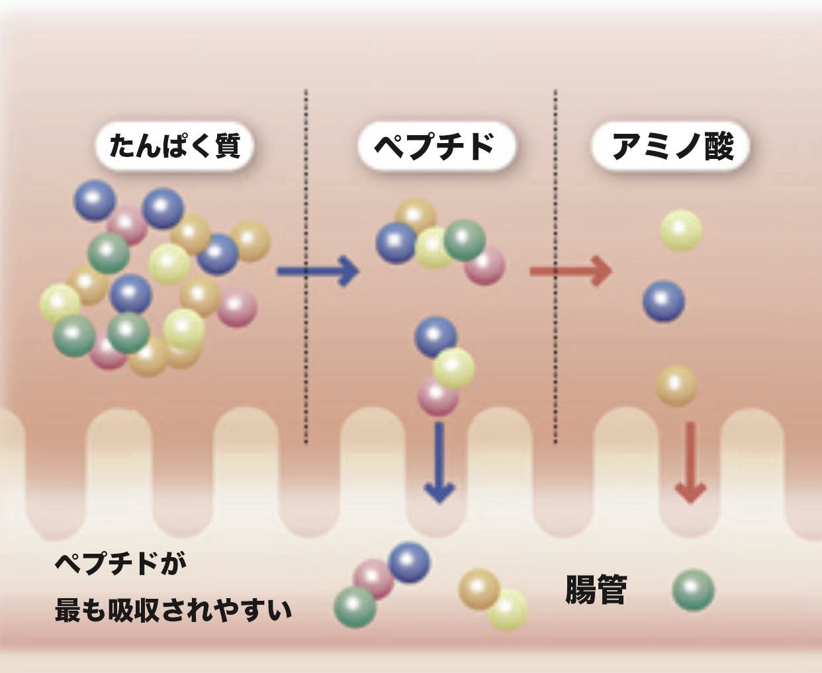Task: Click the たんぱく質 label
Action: (x=173, y=147)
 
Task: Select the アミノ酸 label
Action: (x=671, y=147)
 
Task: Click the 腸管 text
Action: (x=596, y=589)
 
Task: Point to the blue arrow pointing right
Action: (x=317, y=271)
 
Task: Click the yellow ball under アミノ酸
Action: (x=681, y=231)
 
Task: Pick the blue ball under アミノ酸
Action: (x=663, y=301)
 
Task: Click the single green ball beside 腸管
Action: (x=693, y=590)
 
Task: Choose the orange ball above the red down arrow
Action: (x=676, y=385)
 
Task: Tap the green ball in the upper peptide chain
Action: (x=465, y=240)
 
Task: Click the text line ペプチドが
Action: (x=121, y=565)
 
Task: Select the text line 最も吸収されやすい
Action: (x=173, y=609)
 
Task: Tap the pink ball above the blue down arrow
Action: (x=437, y=397)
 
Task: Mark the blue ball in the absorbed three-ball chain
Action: (x=408, y=562)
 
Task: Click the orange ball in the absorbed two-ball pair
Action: (x=479, y=588)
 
